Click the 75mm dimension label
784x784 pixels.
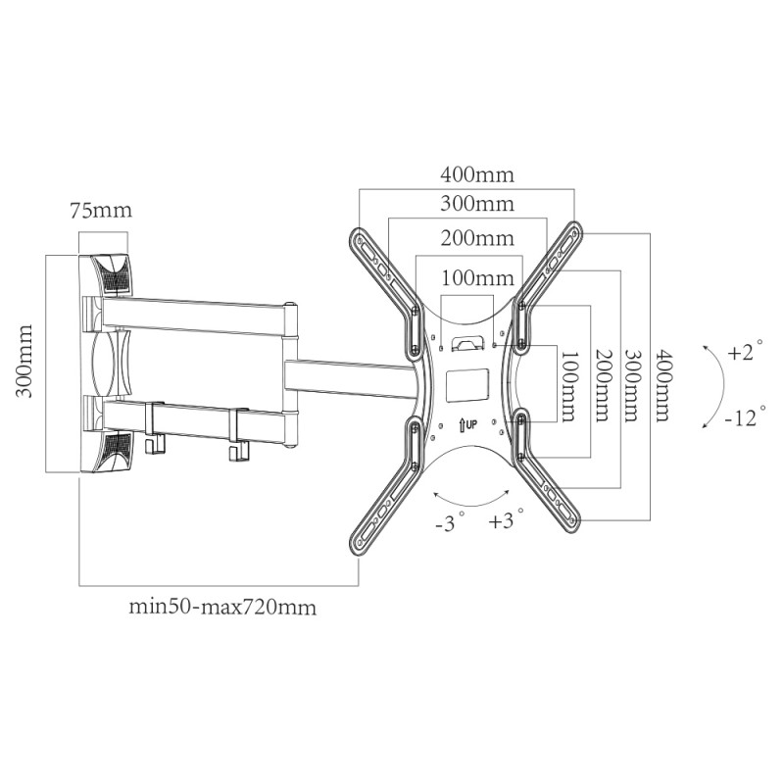coord(101,210)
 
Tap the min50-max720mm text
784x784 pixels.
coord(222,607)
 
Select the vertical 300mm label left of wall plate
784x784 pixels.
coord(24,361)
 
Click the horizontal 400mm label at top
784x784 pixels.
coord(477,175)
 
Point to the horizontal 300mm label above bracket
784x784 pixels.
coord(477,204)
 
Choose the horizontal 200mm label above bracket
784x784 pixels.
coord(477,238)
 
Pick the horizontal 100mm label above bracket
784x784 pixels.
coord(477,277)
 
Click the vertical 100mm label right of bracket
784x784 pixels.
coord(569,385)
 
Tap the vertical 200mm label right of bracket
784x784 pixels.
coord(602,385)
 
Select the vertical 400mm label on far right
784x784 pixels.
coord(663,385)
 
